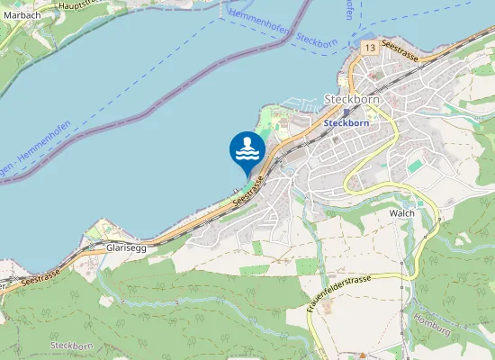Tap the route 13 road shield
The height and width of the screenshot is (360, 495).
(370, 46)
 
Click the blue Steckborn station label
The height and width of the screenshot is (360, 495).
(346, 122)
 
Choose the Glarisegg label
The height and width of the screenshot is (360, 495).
(126, 247)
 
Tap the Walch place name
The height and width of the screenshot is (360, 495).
(400, 213)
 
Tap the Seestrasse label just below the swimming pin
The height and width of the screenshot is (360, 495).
(251, 192)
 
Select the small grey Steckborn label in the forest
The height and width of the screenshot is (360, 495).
(72, 346)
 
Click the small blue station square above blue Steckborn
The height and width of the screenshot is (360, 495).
(345, 112)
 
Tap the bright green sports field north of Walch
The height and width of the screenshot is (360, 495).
(415, 166)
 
